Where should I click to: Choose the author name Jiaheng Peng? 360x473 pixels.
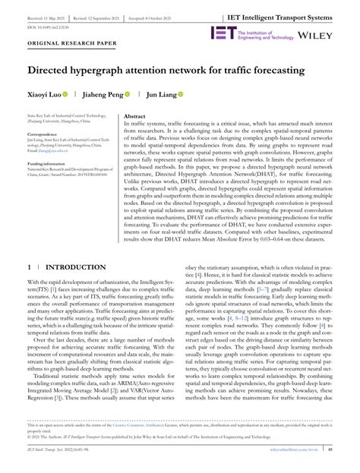102,96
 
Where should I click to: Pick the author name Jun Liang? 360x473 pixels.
163,96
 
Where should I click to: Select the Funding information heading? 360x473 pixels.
46,164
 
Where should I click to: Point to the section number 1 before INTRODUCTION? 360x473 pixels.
28,268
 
